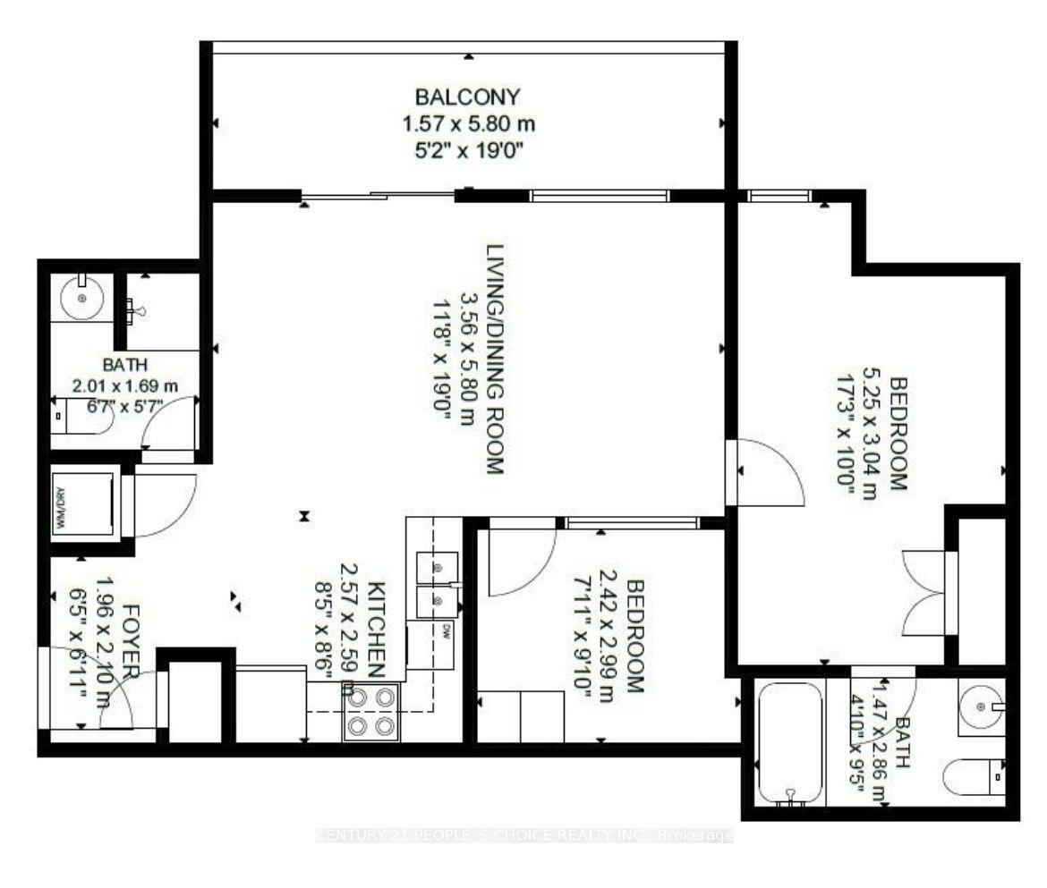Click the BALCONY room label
pos(467,96)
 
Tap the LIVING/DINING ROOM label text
pos(495,359)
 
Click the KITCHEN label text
pos(377,630)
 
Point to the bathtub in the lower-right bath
pos(790,741)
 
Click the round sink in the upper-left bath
pos(81,295)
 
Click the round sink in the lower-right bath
pos(982,706)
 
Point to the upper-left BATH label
pos(124,365)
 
